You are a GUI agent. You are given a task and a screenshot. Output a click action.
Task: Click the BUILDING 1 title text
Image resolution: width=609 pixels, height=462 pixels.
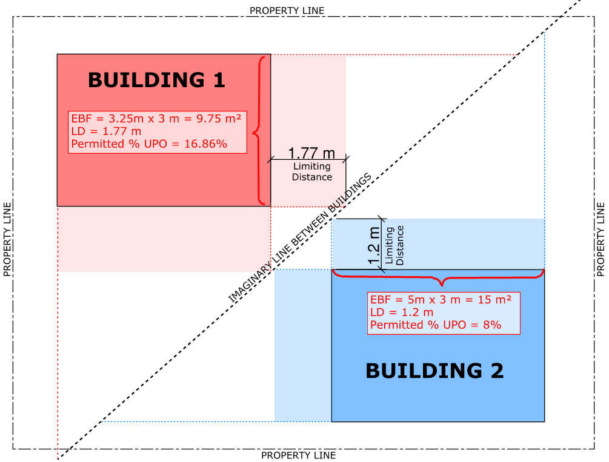[x=156, y=80]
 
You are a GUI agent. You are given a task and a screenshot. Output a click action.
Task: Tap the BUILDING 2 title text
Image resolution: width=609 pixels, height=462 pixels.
[x=434, y=370]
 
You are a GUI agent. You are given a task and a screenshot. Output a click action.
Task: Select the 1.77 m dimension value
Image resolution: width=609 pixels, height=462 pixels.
[x=311, y=153]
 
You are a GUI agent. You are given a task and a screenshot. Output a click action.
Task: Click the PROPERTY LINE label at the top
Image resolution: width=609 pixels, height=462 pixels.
[x=287, y=10]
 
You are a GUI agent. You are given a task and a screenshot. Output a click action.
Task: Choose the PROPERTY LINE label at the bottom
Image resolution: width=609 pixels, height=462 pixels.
[x=298, y=455]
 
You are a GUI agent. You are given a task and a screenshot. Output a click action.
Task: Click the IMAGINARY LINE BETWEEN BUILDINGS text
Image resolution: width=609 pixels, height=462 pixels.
[x=300, y=240]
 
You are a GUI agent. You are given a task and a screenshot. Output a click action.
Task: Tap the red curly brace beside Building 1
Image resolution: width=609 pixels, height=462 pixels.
[x=259, y=131]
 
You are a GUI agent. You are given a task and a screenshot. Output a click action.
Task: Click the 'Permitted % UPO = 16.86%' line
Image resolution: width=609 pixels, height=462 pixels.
[x=149, y=144]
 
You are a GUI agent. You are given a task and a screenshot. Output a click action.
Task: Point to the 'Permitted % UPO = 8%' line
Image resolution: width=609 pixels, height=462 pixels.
[x=436, y=325]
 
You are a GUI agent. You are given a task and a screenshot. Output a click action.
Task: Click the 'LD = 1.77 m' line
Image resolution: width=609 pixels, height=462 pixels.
[x=106, y=131]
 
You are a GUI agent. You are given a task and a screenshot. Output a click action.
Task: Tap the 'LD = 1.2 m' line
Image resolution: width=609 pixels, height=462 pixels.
[x=402, y=312]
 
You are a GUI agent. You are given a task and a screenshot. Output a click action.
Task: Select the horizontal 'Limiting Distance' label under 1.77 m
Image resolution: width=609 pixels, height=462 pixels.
[x=312, y=172]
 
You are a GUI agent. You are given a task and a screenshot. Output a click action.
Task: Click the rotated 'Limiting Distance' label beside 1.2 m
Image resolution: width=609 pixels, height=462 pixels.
[x=394, y=245]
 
